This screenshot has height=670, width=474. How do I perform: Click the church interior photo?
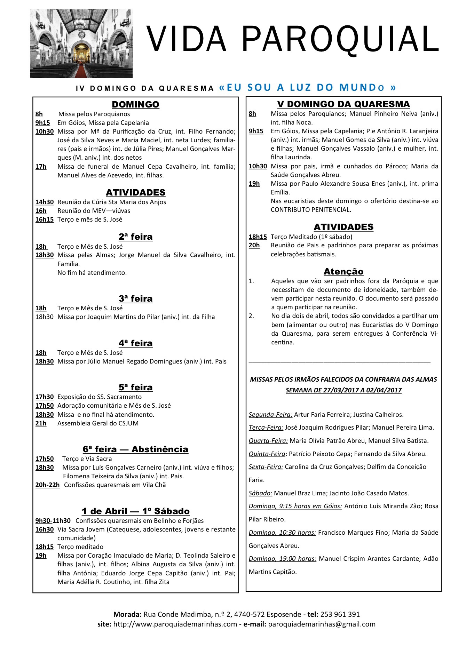pos(81,43)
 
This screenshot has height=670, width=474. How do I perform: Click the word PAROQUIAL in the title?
pos(340,39)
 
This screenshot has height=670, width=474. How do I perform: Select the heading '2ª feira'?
pos(135,237)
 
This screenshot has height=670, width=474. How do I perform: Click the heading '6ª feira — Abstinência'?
pos(135,449)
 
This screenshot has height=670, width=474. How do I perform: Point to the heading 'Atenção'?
pos(343,271)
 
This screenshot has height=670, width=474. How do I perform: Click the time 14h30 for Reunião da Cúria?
pos(45,202)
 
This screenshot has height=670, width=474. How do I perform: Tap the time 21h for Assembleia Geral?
pos(41,423)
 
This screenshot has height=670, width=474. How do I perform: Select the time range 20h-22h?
pos(47,485)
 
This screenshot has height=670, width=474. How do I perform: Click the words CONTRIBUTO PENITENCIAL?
pos(311,210)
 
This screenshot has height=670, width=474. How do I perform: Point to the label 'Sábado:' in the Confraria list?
pos(260,493)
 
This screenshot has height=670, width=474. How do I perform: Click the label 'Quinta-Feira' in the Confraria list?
pos(267,454)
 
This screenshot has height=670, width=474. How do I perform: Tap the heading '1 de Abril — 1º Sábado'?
pos(135,511)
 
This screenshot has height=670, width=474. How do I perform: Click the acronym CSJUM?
pos(127,423)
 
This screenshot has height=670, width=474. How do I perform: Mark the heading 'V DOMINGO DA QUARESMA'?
pos(343,104)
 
